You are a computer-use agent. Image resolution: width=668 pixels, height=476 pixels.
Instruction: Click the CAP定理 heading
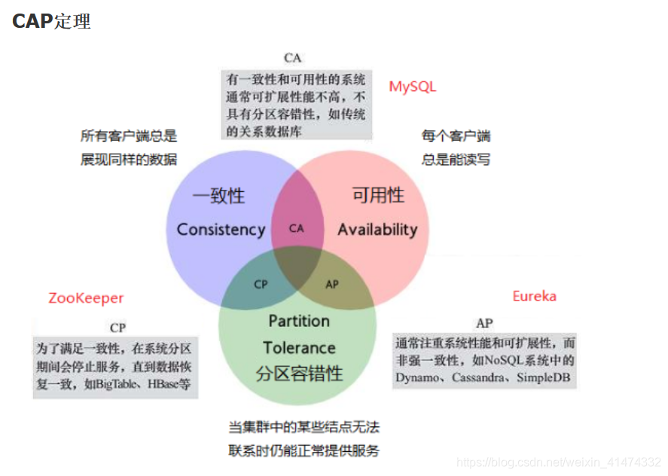coord(51,21)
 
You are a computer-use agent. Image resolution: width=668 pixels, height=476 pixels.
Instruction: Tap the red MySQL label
coord(412,87)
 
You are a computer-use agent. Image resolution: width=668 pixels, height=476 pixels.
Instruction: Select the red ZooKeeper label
coord(86,298)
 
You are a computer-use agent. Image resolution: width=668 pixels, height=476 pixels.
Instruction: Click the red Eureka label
coord(534,296)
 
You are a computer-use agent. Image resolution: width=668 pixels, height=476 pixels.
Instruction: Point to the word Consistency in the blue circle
coord(221,230)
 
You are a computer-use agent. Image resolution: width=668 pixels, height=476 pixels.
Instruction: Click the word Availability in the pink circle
coord(377,230)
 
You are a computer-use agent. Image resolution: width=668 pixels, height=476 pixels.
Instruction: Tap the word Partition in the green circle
coord(299,321)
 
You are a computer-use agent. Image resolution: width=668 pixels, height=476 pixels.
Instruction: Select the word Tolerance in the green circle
coord(299,347)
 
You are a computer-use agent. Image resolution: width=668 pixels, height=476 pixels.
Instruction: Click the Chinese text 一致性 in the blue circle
coord(218,196)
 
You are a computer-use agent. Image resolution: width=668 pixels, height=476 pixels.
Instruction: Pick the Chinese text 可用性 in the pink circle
coord(378,196)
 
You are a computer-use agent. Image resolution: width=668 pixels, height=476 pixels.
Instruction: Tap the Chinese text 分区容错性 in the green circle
coord(299,374)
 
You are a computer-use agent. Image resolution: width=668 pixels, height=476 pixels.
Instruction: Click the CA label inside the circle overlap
coord(296,228)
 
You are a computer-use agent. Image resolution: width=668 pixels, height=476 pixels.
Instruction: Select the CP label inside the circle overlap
coord(261,285)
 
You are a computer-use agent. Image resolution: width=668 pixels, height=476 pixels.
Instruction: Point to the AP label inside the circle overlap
coord(332,285)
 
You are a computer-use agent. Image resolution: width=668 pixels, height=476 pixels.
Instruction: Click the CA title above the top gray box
coord(293,58)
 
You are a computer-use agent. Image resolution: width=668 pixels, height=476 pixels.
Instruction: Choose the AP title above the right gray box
coord(484,323)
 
